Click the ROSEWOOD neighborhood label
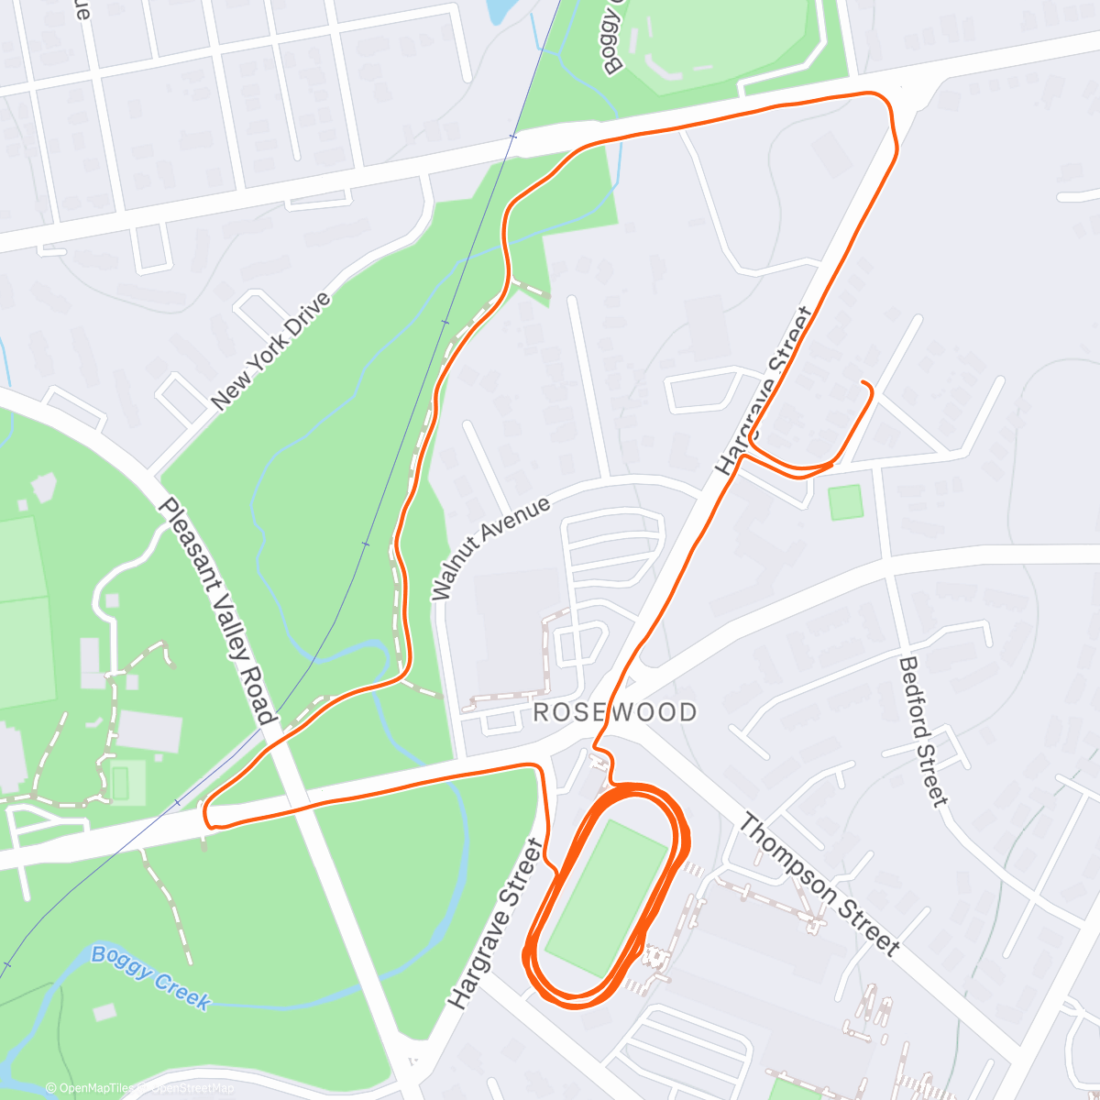[x=614, y=712]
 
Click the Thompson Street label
[x=819, y=885]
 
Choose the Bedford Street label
[x=922, y=731]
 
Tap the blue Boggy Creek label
[x=150, y=976]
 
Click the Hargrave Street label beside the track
[x=496, y=923]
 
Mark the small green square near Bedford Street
[x=844, y=502]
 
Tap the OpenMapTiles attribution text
[x=92, y=1088]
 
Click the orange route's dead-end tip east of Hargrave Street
[x=864, y=382]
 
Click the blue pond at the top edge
[x=500, y=9]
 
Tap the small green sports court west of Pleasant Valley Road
[x=120, y=781]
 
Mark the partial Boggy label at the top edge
[x=612, y=37]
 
